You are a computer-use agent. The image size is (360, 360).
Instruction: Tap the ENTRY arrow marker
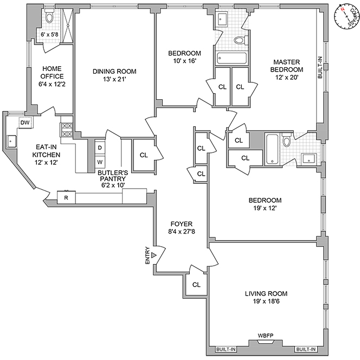(154, 254)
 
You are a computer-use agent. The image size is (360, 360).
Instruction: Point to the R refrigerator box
(66, 197)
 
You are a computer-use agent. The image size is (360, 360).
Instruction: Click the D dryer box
(100, 147)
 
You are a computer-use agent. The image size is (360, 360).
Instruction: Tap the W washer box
(100, 162)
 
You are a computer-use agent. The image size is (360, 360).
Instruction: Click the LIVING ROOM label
(265, 294)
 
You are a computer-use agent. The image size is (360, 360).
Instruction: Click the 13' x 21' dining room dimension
(114, 80)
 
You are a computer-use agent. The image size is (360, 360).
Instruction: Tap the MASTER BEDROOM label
(287, 66)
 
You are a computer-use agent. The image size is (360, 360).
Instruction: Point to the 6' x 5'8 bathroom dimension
(52, 35)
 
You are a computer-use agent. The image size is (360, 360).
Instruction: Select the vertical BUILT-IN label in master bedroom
(320, 68)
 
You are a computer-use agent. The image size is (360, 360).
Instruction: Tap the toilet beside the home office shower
(49, 17)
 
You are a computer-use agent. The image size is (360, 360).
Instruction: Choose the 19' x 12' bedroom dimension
(266, 208)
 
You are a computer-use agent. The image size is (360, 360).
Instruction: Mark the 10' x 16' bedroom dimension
(184, 61)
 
